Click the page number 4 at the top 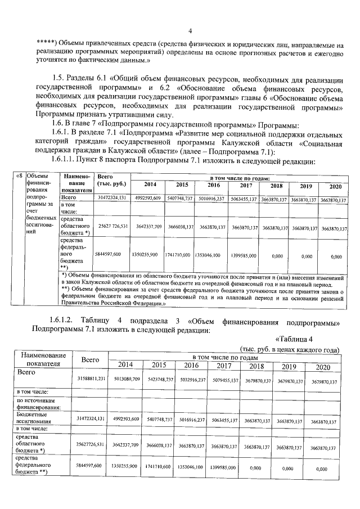click(x=190, y=31)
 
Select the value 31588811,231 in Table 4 click(x=91, y=381)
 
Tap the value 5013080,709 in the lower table click(x=128, y=380)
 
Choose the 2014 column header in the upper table click(x=150, y=185)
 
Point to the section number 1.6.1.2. click(x=62, y=321)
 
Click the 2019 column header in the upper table click(x=305, y=186)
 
